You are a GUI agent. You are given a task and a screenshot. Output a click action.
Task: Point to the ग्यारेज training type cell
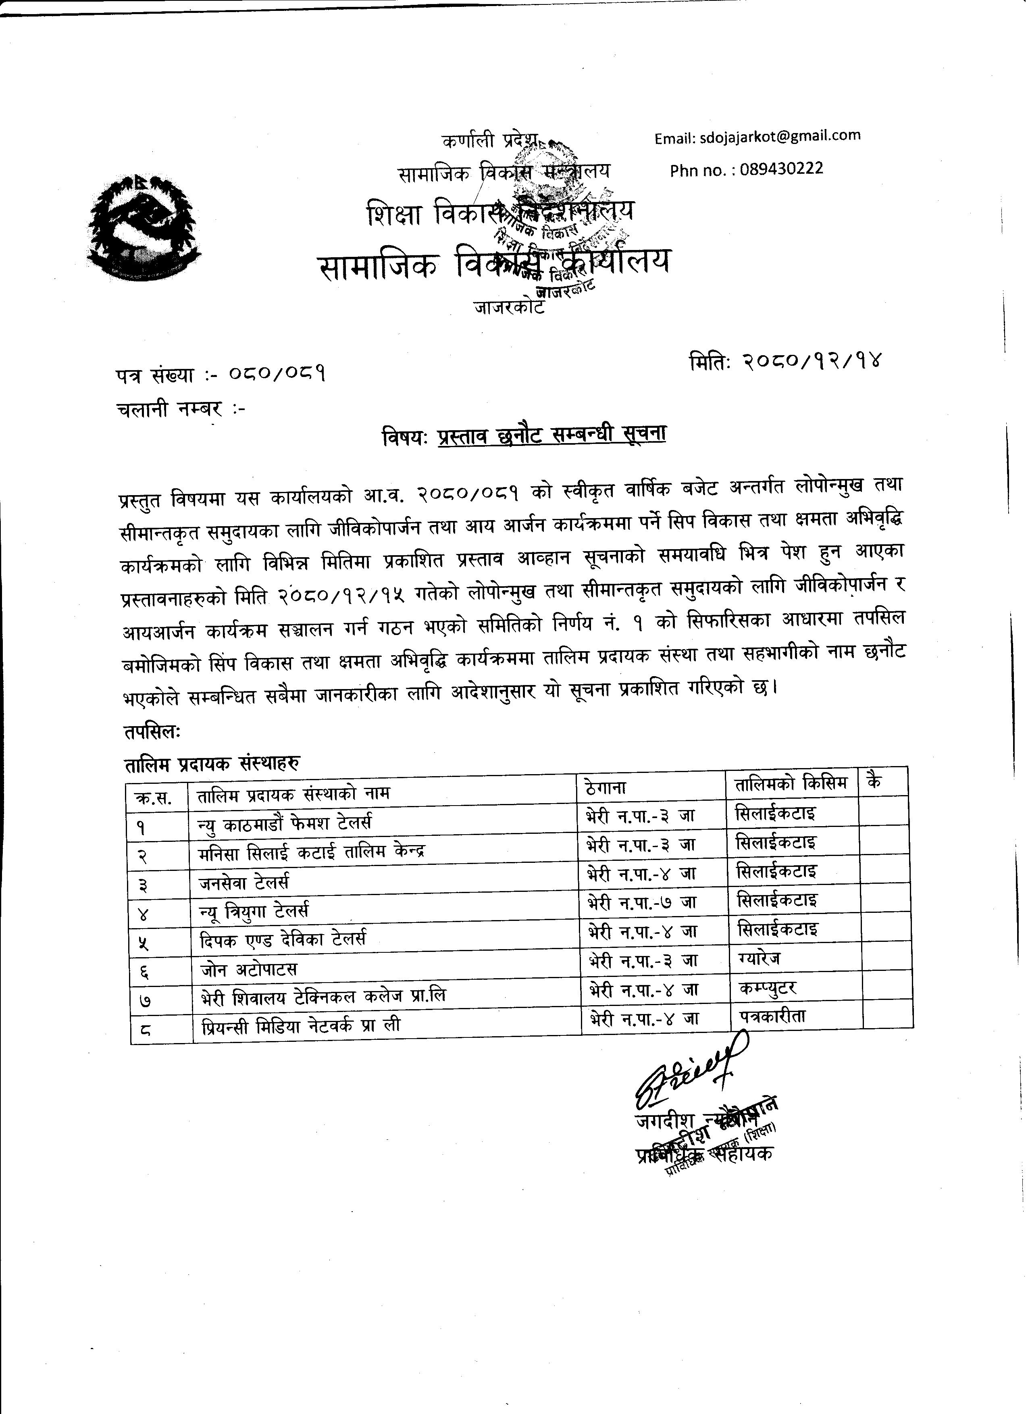(758, 958)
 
